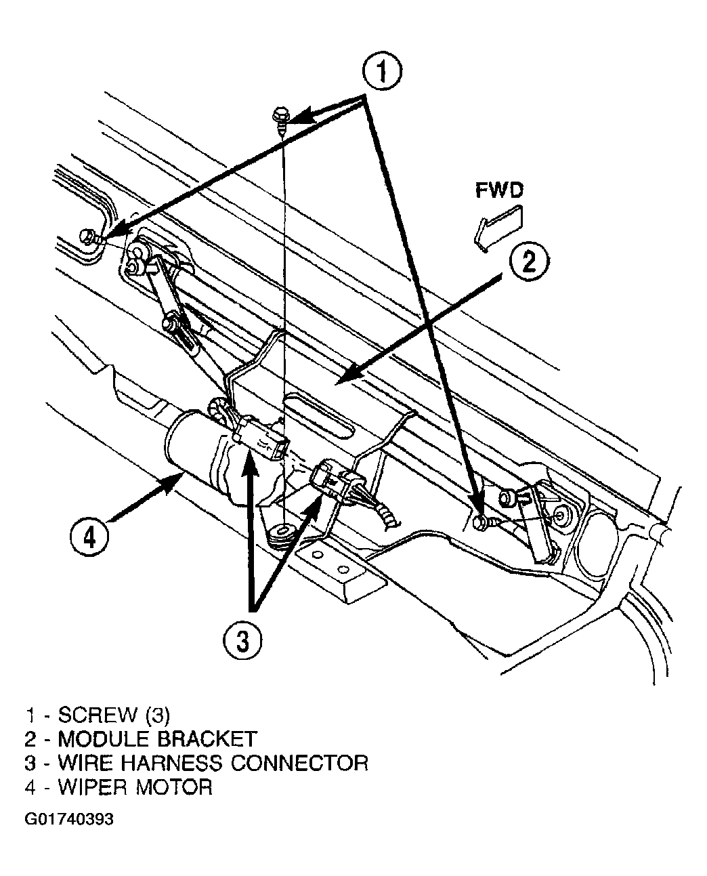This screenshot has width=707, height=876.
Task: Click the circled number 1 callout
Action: pos(382,71)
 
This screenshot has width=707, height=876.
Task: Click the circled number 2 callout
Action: pos(529,261)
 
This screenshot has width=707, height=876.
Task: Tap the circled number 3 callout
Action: pos(242,640)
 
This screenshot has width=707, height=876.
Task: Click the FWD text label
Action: pos(499,190)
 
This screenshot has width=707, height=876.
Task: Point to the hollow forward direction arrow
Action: pos(498,229)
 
